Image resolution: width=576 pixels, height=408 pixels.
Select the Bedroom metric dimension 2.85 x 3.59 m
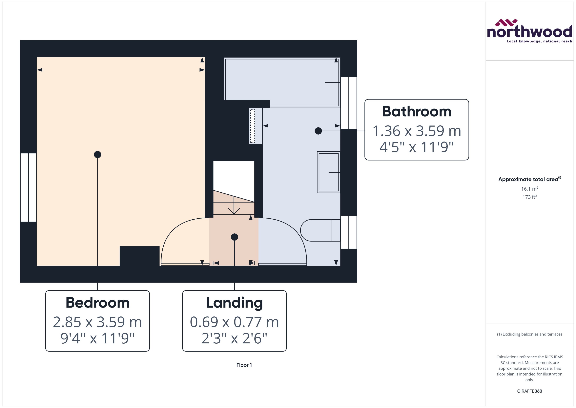point(97,322)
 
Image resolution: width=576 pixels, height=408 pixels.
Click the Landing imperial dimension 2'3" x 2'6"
point(234,338)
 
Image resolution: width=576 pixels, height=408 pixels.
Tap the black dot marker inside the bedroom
point(97,154)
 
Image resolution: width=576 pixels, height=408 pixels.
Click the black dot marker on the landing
point(234,237)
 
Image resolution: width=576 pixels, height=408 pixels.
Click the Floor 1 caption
point(244,365)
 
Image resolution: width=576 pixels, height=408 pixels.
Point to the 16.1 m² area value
point(529,189)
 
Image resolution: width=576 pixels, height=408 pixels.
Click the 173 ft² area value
point(529,197)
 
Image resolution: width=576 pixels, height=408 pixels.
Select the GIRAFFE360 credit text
point(529,391)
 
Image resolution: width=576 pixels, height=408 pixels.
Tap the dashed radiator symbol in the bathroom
point(252,126)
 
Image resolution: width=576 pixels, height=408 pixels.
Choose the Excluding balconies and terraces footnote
point(529,334)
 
